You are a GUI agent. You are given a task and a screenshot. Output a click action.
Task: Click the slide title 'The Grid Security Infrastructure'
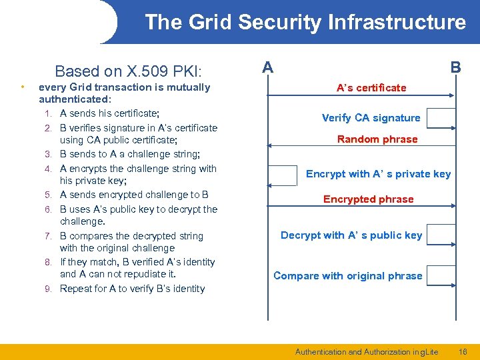coord(305,22)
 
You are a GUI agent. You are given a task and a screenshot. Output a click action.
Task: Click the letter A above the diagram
coord(267,67)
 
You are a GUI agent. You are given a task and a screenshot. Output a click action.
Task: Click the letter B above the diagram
coord(455,67)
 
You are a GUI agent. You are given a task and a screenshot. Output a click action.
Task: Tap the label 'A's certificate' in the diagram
coord(371,87)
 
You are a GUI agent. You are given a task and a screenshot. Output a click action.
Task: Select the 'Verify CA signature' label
coord(371,118)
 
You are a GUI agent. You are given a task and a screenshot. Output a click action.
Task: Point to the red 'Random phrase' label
coord(377,139)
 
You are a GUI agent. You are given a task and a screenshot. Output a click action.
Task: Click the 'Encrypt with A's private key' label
coord(378,174)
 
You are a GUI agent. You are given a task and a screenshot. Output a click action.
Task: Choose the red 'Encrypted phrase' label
coord(369,199)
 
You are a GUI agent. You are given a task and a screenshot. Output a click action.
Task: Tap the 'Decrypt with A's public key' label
coord(351,235)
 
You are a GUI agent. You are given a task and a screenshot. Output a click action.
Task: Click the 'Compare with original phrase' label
coord(347,275)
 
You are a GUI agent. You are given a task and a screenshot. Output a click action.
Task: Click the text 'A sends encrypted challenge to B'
coord(134,195)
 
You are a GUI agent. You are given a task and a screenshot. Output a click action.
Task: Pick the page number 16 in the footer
coord(462,351)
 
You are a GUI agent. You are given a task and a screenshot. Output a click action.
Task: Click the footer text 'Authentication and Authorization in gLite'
coord(367,351)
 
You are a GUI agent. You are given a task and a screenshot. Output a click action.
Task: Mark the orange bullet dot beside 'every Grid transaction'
coord(23,87)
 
